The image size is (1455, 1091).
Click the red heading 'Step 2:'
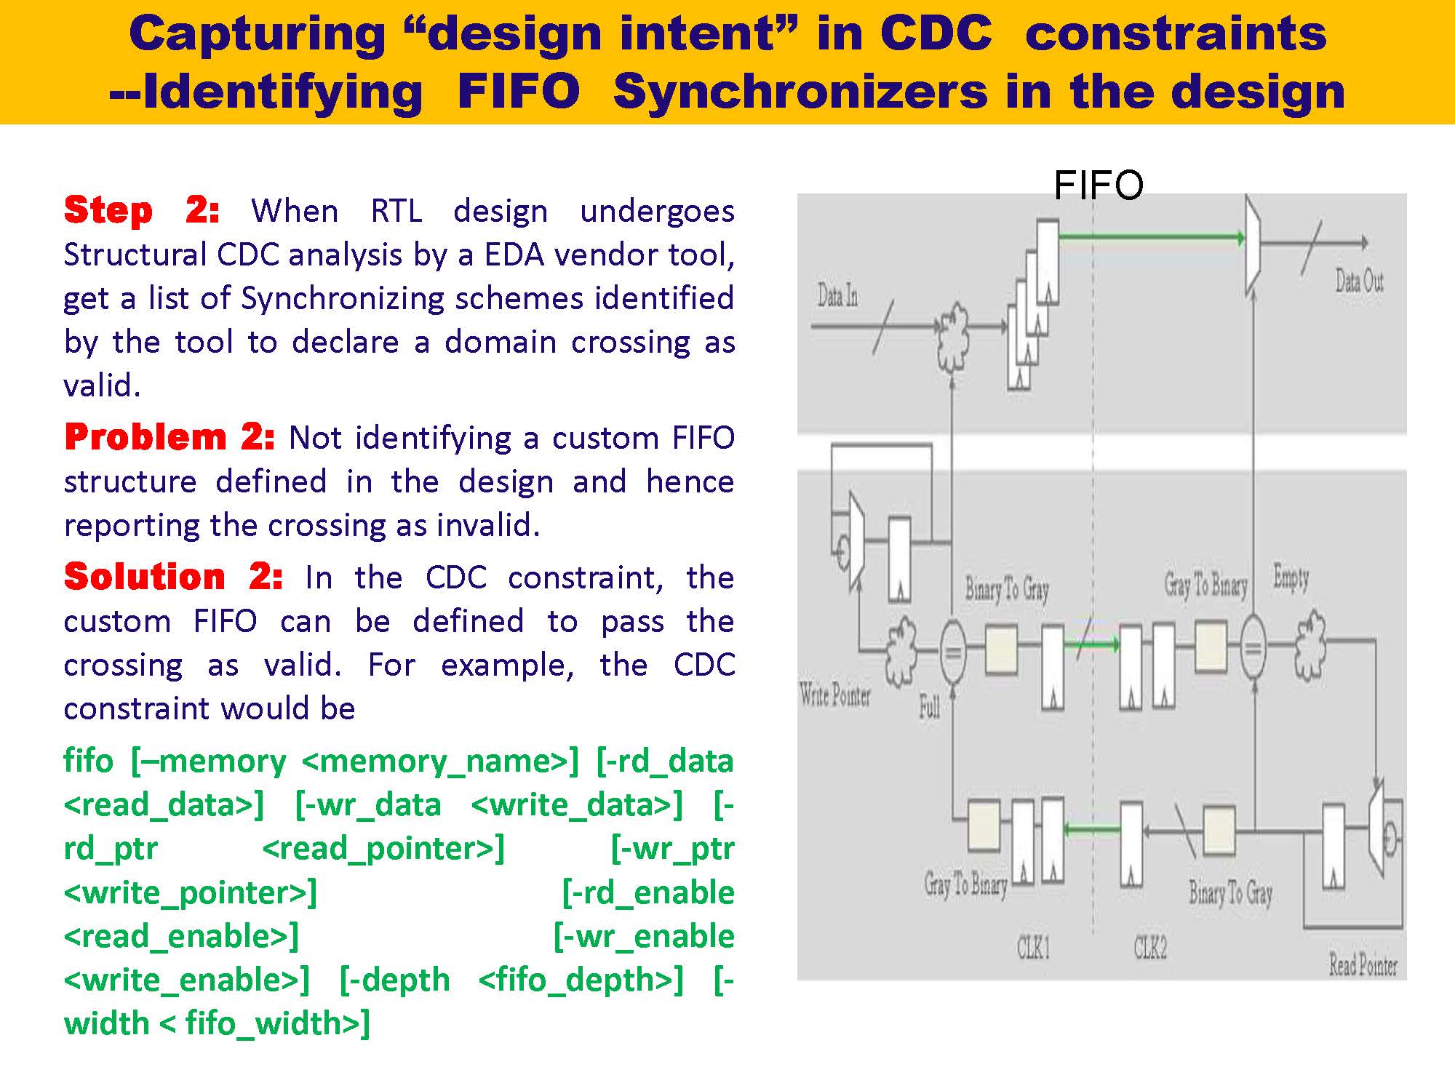pos(141,211)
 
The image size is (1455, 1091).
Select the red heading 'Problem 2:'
pos(170,438)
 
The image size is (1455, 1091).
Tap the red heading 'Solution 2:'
pos(173,578)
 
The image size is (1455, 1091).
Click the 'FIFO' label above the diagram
pos(1098,185)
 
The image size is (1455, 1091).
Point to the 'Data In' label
pos(837,296)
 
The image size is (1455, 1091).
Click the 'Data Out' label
pos(1358,281)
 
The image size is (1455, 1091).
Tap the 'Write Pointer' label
pos(834,696)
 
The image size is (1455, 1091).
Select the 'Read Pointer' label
pos(1363,966)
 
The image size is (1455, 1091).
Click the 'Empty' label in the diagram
pos(1291,578)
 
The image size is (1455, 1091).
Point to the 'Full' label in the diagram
pos(929,706)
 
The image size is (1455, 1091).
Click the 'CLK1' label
pos(1033,948)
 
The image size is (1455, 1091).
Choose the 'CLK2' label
pos(1149,948)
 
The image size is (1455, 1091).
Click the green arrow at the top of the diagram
pos(1149,237)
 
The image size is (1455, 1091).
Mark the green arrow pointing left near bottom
pos(1091,829)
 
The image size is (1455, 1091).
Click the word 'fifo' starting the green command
pos(88,762)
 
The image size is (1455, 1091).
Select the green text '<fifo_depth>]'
pos(581,980)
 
